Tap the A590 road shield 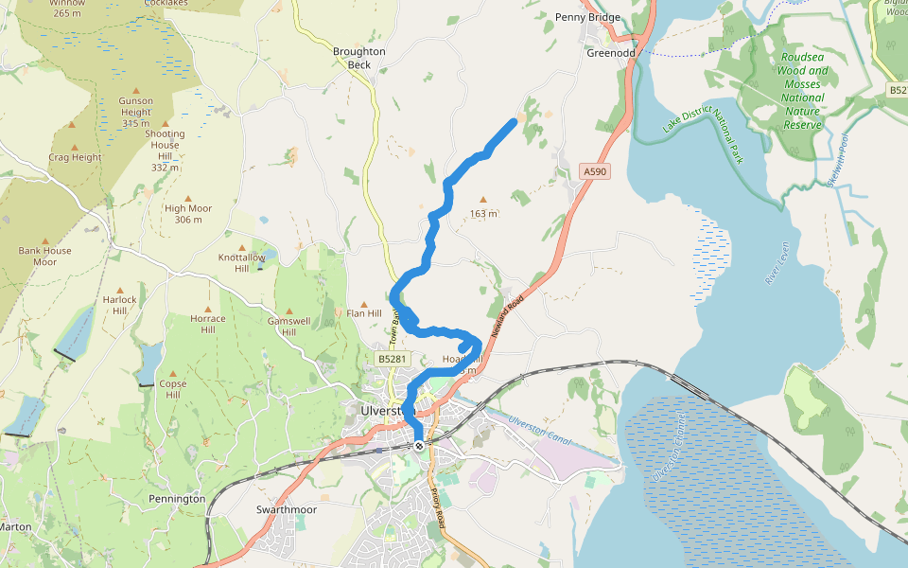592,171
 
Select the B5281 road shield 392,359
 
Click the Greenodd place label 611,53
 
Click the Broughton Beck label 358,58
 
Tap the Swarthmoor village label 286,509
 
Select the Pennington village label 176,498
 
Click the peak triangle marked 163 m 483,200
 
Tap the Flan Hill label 364,313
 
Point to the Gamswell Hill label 288,326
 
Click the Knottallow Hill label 240,262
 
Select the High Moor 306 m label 188,214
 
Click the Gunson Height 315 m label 135,112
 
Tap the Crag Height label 75,157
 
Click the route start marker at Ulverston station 418,445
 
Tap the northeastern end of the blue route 514,121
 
